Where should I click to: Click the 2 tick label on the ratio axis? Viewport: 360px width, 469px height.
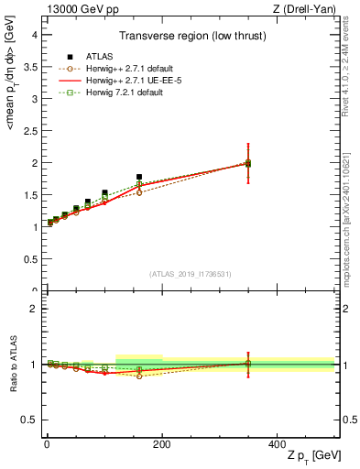click(x=34, y=309)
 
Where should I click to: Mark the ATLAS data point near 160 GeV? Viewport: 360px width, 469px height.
click(x=139, y=177)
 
